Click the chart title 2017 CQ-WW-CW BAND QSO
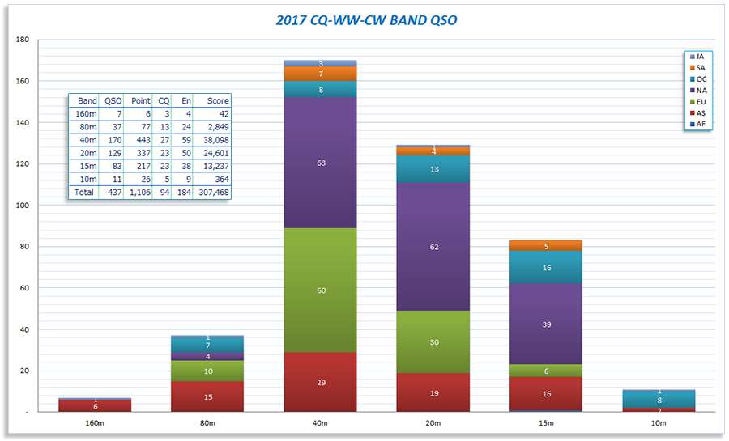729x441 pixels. point(366,20)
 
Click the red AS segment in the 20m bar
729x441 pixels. point(434,392)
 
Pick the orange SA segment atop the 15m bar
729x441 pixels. point(547,245)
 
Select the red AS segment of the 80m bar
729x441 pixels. point(208,396)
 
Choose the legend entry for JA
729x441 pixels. point(699,57)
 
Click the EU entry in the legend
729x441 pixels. point(699,102)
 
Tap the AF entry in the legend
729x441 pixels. point(699,125)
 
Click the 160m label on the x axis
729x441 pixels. point(95,423)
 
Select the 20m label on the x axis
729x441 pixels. point(434,423)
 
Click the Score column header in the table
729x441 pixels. point(218,101)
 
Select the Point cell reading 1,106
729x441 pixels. point(140,193)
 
